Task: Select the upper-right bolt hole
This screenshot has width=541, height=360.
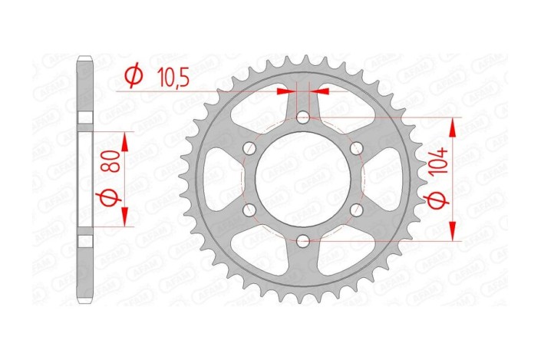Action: [355, 149]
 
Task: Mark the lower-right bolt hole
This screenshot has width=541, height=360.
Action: [355, 210]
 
